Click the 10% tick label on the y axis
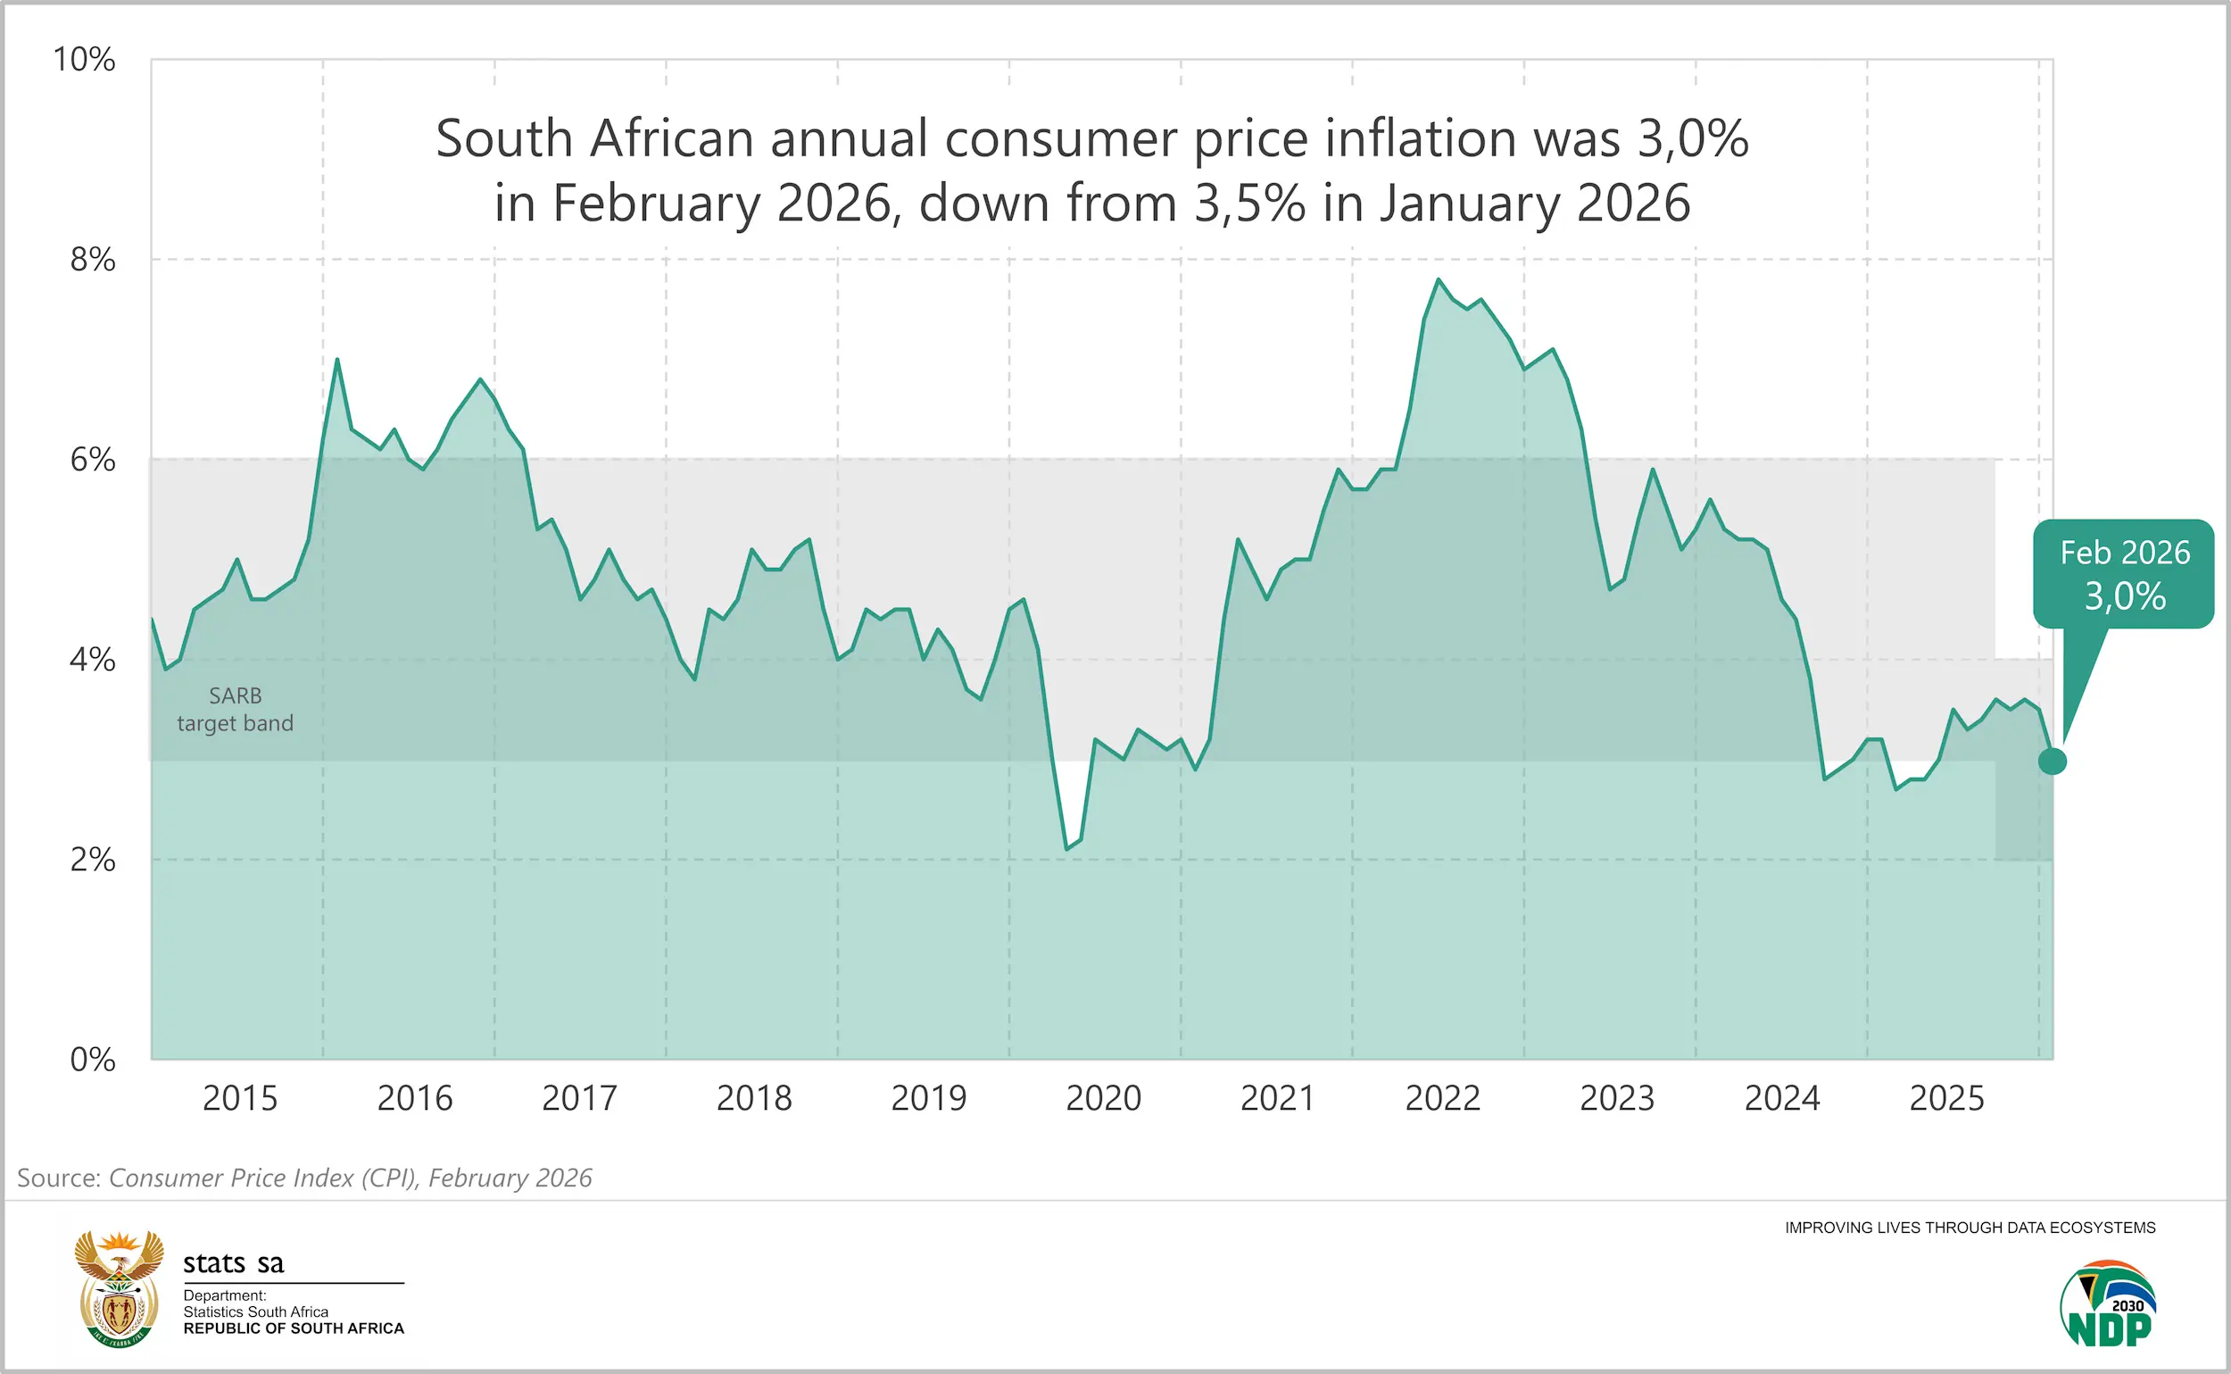tap(85, 60)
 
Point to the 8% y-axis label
tap(93, 260)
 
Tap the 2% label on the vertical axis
tap(93, 859)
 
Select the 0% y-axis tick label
tap(93, 1059)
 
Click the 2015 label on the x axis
tap(240, 1098)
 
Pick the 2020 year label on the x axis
tap(1103, 1098)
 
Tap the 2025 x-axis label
tap(1946, 1098)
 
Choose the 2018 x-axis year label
tap(754, 1098)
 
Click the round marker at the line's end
tap(2052, 761)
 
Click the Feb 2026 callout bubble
tap(2124, 574)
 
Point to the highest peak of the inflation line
tap(1439, 280)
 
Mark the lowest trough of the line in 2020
tap(1067, 849)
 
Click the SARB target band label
tap(236, 709)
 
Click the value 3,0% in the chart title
tap(1692, 139)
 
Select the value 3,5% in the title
tap(1249, 203)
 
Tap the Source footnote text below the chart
tap(304, 1178)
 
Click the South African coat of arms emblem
tap(119, 1288)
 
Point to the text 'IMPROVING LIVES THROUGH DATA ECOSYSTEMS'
tap(1970, 1228)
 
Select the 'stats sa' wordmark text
tap(234, 1262)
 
